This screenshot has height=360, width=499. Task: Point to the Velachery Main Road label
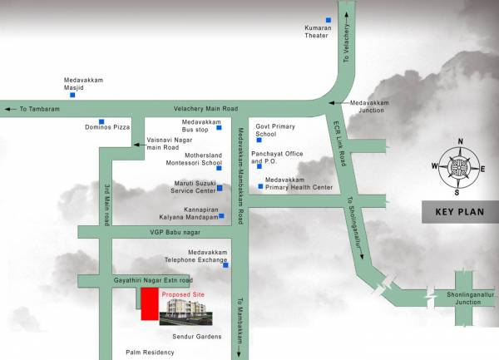tap(205, 109)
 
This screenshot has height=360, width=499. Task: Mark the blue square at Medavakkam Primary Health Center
tap(260, 186)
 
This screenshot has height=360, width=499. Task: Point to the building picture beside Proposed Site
tap(186, 313)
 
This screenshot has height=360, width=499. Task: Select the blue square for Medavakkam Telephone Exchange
tap(225, 265)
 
